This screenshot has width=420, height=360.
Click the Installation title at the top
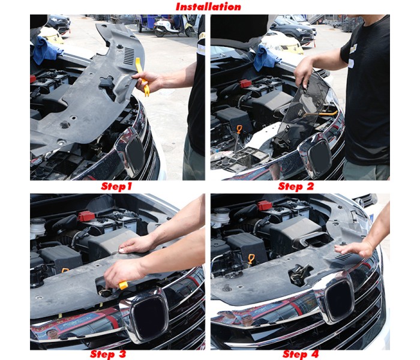click(208, 7)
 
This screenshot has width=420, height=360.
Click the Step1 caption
click(116, 187)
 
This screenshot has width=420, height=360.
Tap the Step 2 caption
click(296, 187)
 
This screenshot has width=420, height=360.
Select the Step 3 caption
click(108, 354)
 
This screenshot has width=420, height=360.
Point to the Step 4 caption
click(301, 354)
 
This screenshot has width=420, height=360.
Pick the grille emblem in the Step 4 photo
click(340, 299)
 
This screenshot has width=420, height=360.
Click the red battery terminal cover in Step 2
click(245, 83)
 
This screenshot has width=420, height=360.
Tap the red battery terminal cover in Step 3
click(86, 217)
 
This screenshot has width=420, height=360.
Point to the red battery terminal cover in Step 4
click(265, 205)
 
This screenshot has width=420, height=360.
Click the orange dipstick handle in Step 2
click(239, 130)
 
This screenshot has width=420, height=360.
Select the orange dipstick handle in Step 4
click(251, 259)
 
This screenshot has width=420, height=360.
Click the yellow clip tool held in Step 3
click(123, 285)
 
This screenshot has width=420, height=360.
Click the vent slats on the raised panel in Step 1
click(129, 56)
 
